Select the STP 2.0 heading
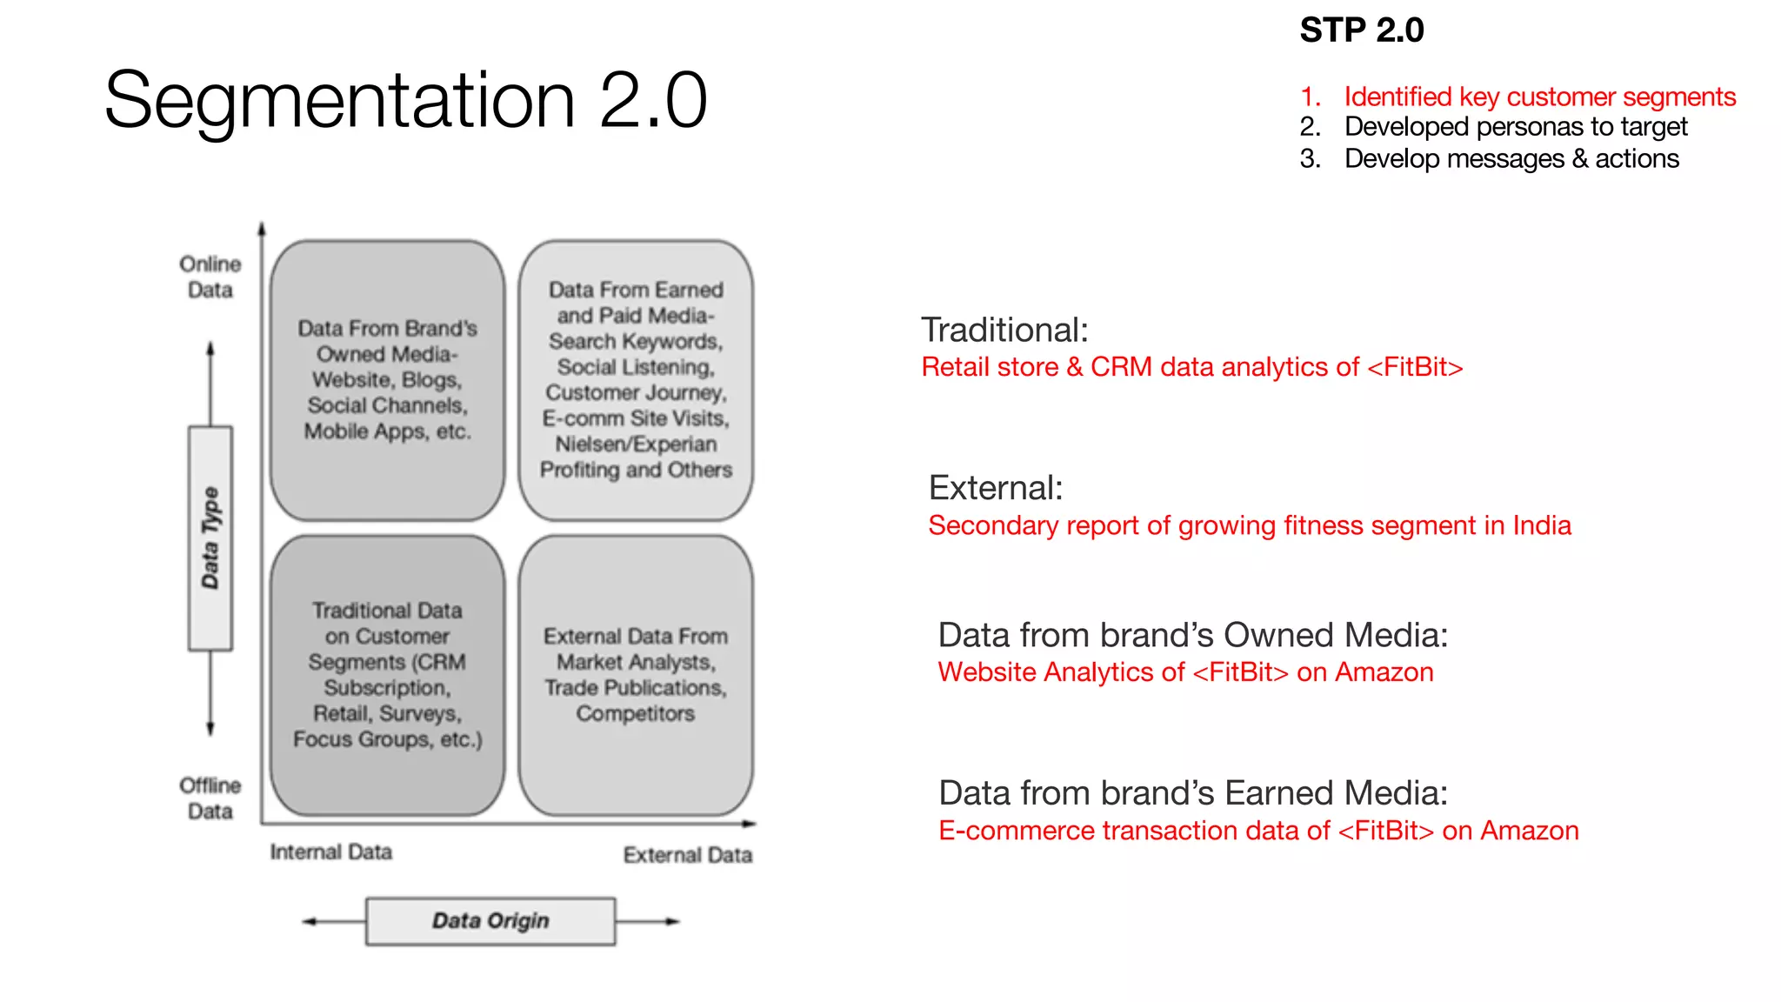(x=1361, y=30)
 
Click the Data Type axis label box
(x=210, y=538)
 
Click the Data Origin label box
(x=490, y=921)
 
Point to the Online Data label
(x=210, y=277)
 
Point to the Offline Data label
(x=210, y=798)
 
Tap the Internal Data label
(x=330, y=852)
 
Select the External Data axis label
(x=687, y=855)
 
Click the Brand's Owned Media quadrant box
(x=387, y=380)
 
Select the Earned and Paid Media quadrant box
(x=636, y=380)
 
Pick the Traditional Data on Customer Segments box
(x=387, y=675)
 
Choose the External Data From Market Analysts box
(x=636, y=675)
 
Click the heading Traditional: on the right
(x=1004, y=331)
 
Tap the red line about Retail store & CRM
(x=1191, y=367)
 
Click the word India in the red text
(x=1541, y=525)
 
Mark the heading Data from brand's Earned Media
(x=1192, y=793)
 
